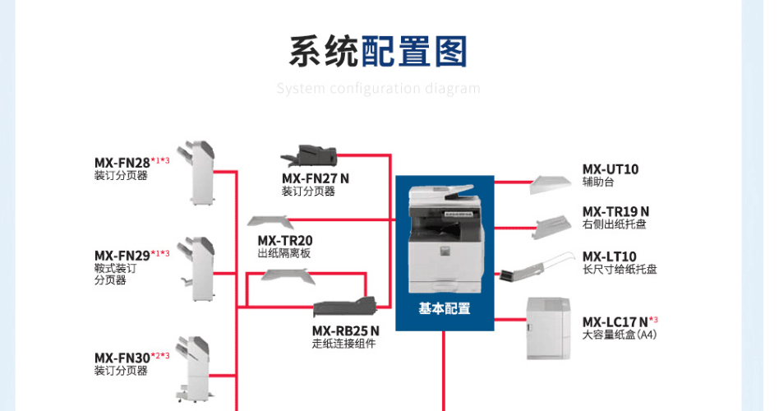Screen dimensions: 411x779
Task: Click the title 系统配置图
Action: coord(378,51)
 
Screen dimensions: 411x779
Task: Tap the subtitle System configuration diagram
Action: coord(378,88)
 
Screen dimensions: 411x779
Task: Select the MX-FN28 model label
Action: coord(122,162)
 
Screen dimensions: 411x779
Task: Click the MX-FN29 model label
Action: coord(122,256)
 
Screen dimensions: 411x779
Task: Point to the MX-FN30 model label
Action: coord(122,358)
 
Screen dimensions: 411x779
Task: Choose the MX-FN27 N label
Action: coord(316,178)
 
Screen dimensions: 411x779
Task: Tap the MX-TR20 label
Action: coord(285,241)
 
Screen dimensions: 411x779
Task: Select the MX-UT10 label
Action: coord(611,169)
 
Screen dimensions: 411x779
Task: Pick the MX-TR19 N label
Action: coord(615,211)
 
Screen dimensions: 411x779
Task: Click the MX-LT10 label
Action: coord(609,256)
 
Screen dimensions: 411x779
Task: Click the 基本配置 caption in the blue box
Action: coord(445,308)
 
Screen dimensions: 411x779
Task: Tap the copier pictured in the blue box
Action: coord(444,238)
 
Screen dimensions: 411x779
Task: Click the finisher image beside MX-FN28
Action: coord(201,172)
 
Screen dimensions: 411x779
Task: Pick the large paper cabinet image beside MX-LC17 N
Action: coord(548,328)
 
